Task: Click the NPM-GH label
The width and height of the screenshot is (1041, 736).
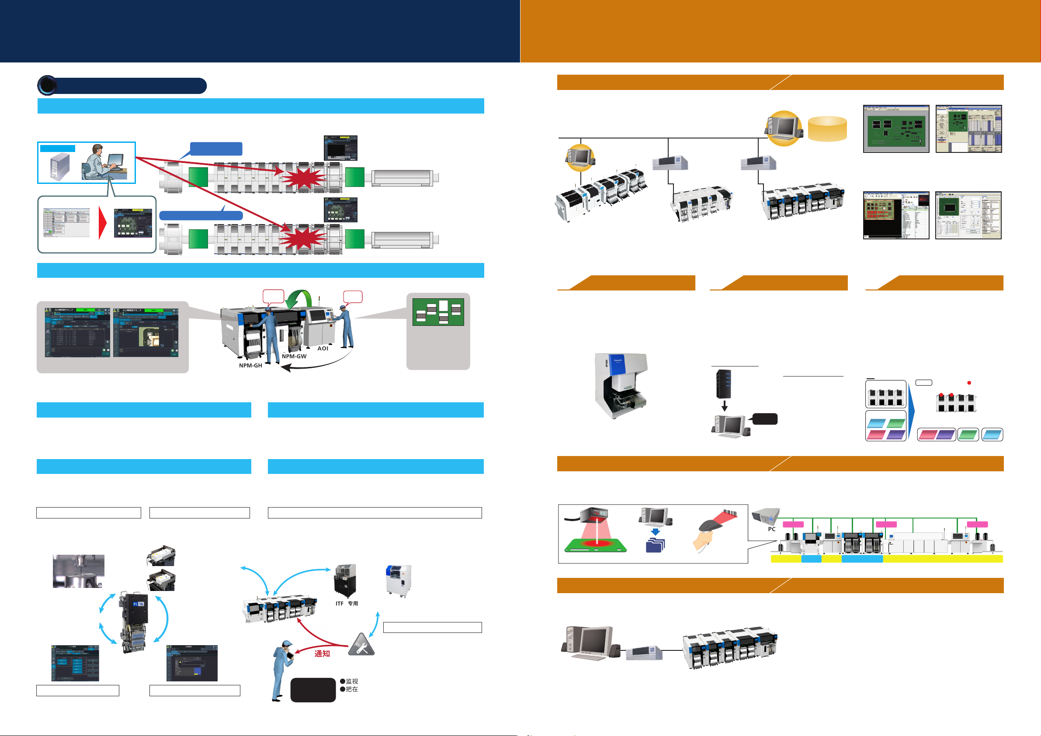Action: [250, 365]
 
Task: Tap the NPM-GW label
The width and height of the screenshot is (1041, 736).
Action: [294, 356]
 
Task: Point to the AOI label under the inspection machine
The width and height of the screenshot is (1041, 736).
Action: [323, 348]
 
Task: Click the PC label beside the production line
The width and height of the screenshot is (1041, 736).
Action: [771, 529]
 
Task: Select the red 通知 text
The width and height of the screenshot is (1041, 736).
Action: [322, 653]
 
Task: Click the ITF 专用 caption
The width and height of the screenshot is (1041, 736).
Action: [347, 603]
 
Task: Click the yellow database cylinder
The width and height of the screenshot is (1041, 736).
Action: [827, 129]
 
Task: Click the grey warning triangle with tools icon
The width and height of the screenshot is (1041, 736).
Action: [361, 645]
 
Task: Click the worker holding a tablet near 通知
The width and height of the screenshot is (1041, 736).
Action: [282, 668]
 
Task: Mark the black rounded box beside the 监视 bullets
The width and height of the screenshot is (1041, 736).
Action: [313, 690]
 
